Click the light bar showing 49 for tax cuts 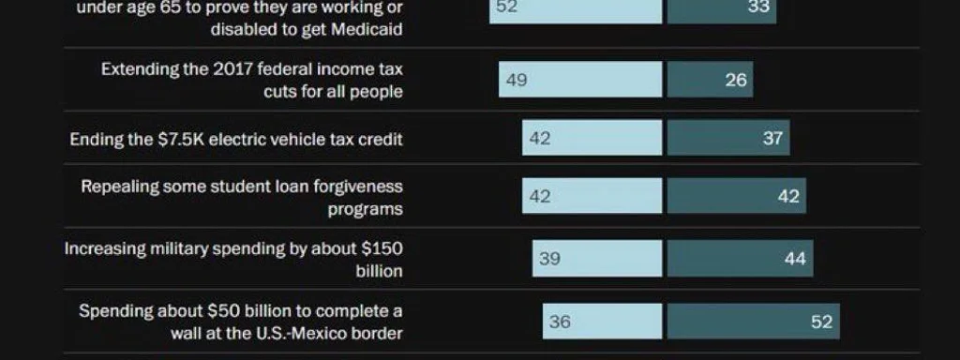580,80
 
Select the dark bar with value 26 710,80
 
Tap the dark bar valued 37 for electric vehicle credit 728,138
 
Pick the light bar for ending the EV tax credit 592,138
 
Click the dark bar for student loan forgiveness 736,196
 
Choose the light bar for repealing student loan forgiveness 592,196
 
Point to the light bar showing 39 597,258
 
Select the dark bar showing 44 740,258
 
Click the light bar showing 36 602,322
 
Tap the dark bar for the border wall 753,322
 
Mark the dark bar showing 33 721,8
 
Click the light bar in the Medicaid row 576,8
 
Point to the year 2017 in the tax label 233,70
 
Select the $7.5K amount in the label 178,140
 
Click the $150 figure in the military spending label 383,249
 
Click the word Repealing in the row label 119,187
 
